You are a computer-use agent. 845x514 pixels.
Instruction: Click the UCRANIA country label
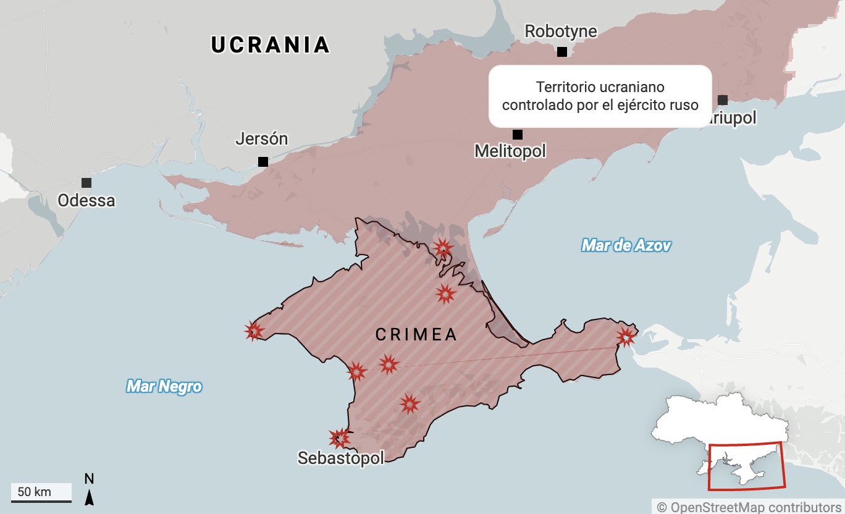(x=271, y=45)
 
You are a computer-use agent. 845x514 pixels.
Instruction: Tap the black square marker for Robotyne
(x=561, y=52)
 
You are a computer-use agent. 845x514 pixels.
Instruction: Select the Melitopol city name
(x=510, y=151)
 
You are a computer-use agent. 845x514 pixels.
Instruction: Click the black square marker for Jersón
(x=263, y=162)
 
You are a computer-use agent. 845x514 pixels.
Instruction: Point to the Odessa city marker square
(x=86, y=183)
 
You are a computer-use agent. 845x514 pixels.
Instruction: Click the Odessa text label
(x=86, y=201)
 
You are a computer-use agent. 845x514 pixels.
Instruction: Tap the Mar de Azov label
(x=626, y=246)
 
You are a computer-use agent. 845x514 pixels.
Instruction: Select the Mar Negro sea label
(x=164, y=387)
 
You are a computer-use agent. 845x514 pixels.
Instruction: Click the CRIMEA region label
(x=416, y=335)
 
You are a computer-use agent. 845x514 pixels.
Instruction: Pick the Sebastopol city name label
(x=340, y=458)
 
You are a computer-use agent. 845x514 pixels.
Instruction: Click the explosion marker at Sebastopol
(x=338, y=438)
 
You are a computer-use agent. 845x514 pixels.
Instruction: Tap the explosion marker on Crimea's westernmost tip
(x=254, y=331)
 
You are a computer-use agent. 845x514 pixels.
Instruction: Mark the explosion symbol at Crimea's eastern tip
(x=626, y=337)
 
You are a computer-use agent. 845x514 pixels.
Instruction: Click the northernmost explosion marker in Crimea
(x=443, y=248)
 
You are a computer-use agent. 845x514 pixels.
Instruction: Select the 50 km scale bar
(x=41, y=494)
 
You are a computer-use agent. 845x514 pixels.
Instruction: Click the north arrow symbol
(x=89, y=489)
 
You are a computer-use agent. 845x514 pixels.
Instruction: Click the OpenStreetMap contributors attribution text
(x=749, y=507)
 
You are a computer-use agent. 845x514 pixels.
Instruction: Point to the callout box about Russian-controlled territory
(x=600, y=96)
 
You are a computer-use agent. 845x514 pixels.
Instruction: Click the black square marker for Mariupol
(x=723, y=100)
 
